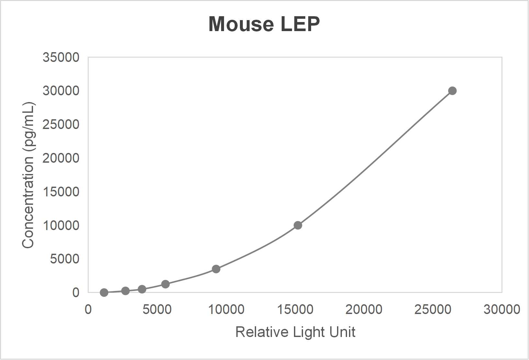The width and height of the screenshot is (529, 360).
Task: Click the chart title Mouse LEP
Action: (264, 24)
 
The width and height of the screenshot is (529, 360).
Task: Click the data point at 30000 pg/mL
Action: (452, 91)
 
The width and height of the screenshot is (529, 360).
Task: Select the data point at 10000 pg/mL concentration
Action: (298, 225)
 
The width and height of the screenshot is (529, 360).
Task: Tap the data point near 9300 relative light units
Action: (216, 269)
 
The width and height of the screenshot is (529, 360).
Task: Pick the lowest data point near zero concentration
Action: (104, 293)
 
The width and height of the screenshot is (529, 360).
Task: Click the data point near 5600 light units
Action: (165, 284)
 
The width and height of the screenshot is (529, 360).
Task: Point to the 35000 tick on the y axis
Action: (61, 57)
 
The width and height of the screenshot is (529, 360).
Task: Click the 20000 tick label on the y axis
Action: (61, 158)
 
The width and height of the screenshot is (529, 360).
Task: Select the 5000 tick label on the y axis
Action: (64, 259)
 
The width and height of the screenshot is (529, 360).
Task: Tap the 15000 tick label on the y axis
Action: (61, 192)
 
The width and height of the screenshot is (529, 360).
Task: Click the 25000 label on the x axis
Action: (433, 309)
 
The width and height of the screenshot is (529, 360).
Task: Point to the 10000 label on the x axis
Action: (226, 309)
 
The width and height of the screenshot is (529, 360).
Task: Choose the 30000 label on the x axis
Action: (501, 309)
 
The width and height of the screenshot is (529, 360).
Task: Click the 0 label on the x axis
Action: (88, 309)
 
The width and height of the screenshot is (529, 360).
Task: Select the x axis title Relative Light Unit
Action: (295, 332)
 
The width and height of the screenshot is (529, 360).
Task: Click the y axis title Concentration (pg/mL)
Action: (28, 175)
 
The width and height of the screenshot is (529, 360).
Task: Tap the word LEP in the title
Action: (300, 24)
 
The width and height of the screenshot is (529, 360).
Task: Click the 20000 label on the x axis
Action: (364, 309)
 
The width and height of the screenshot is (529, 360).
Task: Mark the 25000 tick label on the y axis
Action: (61, 124)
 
